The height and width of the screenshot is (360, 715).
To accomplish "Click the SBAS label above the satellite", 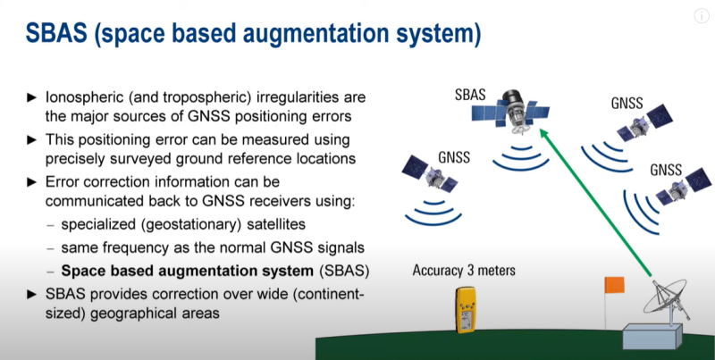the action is (470, 95).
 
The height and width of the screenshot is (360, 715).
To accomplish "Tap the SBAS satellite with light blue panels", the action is (510, 111).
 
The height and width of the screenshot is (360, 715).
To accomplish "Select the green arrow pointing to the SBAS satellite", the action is (595, 202).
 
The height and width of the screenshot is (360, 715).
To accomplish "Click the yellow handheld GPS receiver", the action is (466, 309).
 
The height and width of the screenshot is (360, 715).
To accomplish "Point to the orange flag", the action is (614, 285).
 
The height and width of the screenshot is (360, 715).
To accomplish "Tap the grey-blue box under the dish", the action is (652, 336).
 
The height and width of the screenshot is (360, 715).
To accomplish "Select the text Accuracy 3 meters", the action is (464, 271).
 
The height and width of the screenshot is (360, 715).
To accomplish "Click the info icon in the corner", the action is (702, 16).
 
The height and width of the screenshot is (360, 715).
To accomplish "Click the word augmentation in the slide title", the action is (314, 34).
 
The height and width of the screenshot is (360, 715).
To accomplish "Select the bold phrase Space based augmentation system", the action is (188, 272).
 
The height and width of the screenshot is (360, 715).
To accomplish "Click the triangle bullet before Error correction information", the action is (31, 182).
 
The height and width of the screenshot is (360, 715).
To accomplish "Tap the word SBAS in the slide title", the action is (56, 33).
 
